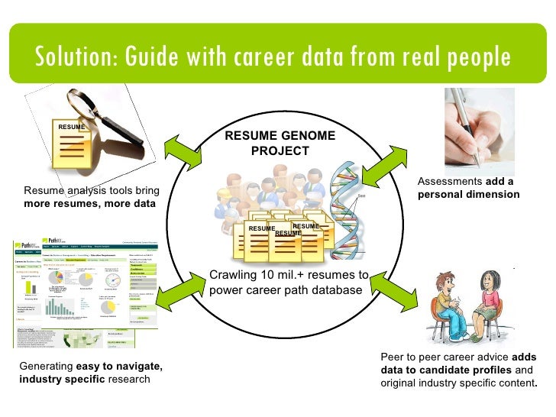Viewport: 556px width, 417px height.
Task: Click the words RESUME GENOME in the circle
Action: (280, 135)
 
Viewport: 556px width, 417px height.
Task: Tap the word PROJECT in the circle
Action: (280, 150)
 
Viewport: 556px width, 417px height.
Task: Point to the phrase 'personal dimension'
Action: (468, 194)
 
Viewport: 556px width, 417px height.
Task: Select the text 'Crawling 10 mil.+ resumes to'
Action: (289, 275)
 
